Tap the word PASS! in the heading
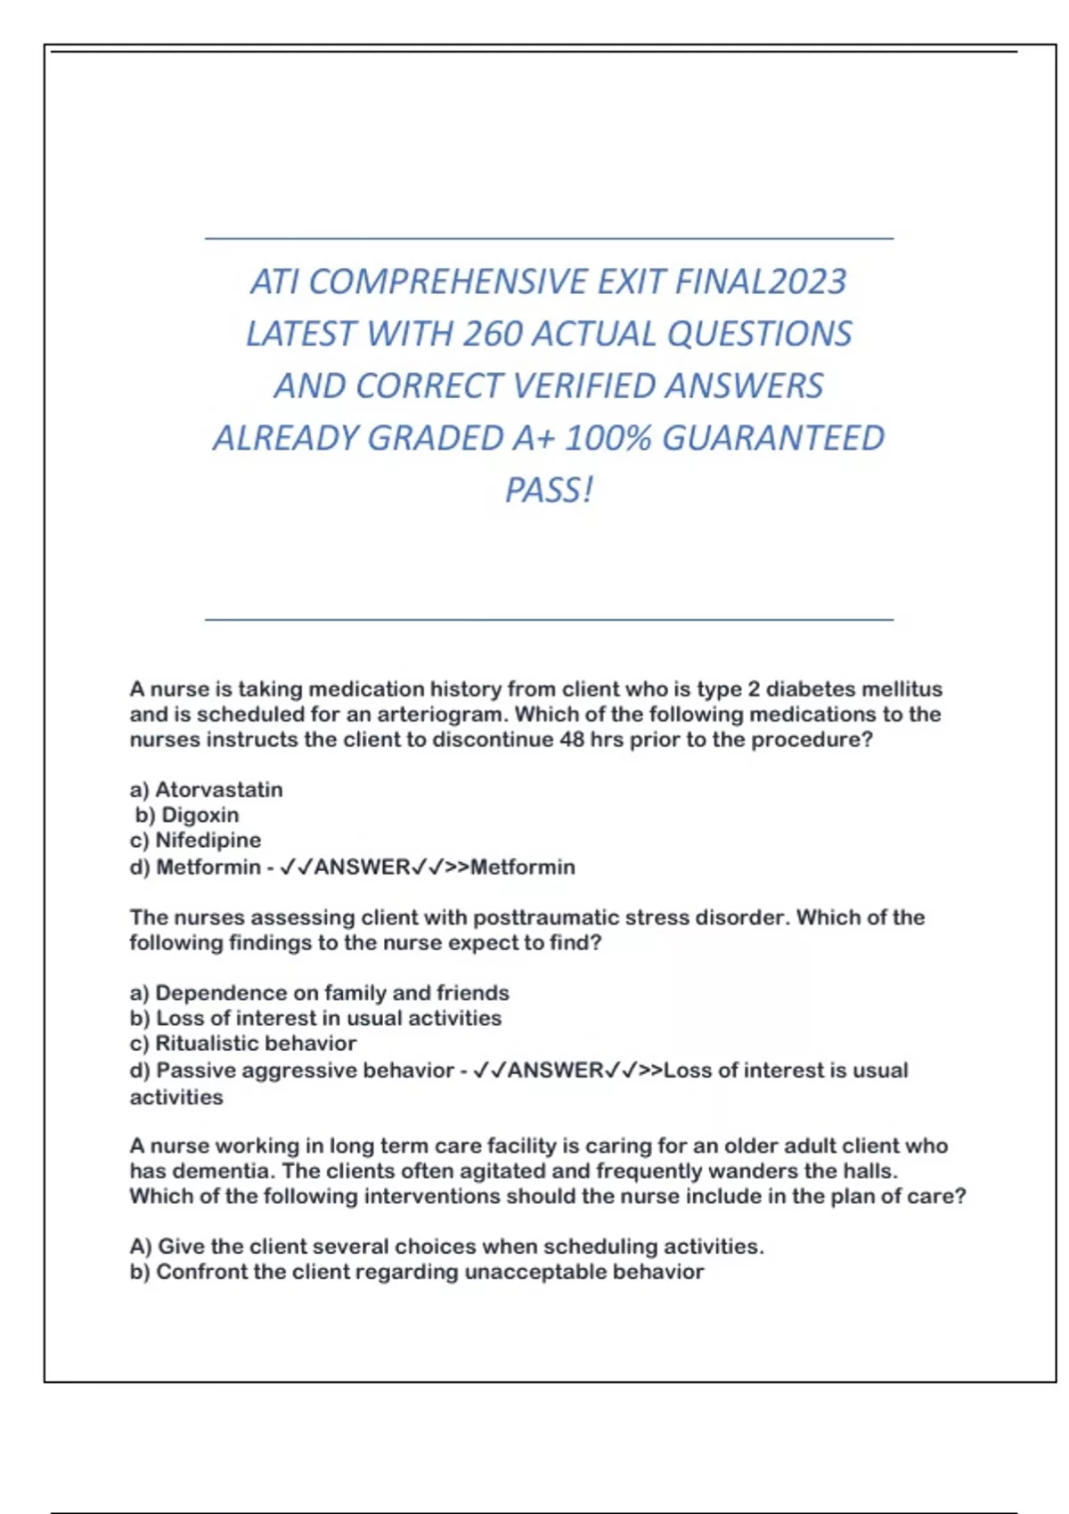[x=549, y=490]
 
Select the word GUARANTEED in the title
[x=773, y=438]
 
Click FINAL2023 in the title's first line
[x=760, y=282]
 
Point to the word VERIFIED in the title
[x=584, y=387]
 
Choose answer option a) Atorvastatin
[x=207, y=790]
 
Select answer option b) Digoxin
[x=187, y=815]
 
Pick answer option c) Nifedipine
[x=196, y=840]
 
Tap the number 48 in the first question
[x=572, y=740]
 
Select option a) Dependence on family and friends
[x=319, y=993]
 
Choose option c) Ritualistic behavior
[x=242, y=1043]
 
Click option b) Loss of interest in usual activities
[x=315, y=1018]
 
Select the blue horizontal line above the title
[x=549, y=239]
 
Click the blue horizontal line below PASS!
[x=549, y=619]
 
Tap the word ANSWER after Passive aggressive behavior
[x=555, y=1070]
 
